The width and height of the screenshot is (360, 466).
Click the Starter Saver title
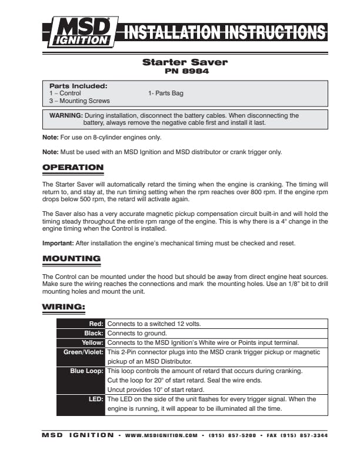tap(185, 62)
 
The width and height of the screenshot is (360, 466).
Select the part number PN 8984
tap(185, 71)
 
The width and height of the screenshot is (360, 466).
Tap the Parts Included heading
tap(78, 86)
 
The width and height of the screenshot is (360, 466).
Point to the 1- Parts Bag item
tap(166, 93)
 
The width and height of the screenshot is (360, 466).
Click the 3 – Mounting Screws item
tap(79, 101)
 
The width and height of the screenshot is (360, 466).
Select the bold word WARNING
tap(66, 116)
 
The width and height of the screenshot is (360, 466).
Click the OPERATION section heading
tap(73, 168)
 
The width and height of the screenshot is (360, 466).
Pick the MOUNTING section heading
tap(71, 258)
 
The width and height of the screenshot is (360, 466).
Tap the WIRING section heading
tap(65, 307)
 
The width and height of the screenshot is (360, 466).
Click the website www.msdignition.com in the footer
tap(161, 436)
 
